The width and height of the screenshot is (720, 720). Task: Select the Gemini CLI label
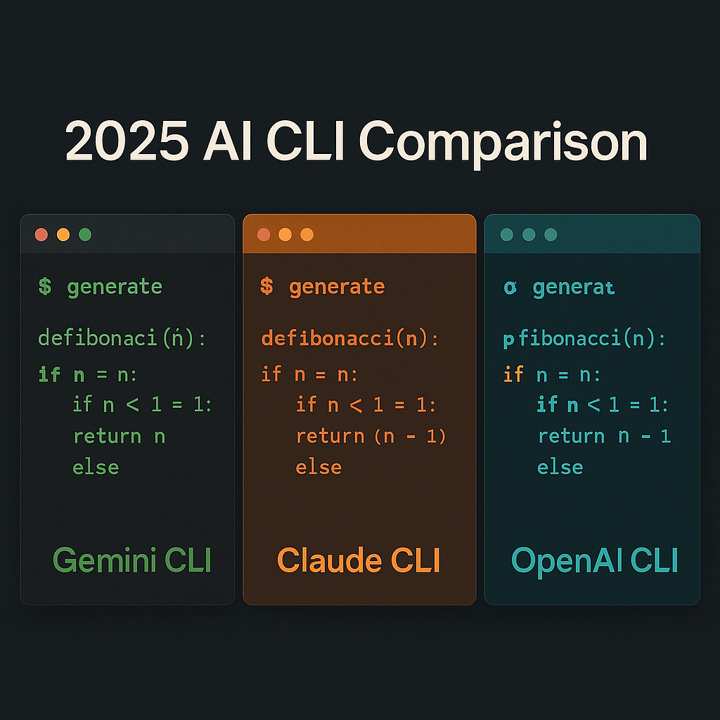132,560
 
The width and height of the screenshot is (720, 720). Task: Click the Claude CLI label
359,560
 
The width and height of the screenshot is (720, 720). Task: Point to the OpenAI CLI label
594,560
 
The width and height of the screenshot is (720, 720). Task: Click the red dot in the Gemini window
41,235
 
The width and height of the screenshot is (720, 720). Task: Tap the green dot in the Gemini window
85,235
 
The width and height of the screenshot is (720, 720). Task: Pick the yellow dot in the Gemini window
63,235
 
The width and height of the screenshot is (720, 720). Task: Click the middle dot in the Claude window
285,235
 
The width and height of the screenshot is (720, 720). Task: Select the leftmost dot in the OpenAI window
507,235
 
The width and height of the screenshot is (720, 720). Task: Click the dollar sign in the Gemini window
45,287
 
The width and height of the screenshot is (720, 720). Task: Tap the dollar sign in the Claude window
266,287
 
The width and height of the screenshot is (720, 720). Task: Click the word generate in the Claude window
337,287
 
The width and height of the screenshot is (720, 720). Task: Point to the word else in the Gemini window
96,467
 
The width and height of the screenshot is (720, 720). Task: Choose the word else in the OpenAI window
560,467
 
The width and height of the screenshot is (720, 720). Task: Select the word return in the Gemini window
107,436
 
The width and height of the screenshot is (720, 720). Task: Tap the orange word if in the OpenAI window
513,374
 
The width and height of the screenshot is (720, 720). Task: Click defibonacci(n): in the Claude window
349,339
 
